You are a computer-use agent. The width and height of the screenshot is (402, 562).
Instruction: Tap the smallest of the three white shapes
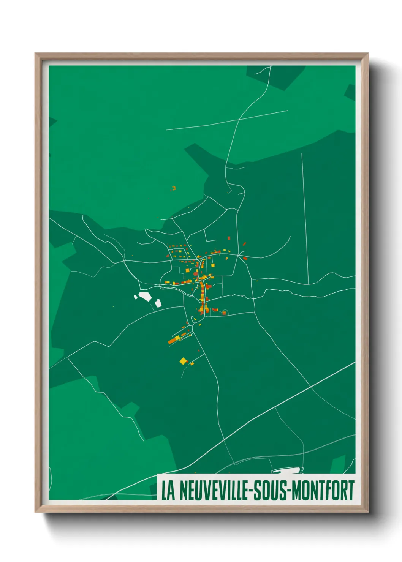click(x=135, y=297)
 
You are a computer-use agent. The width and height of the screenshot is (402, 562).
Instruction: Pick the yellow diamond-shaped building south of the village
click(x=183, y=361)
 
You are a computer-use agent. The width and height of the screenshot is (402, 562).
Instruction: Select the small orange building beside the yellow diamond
click(x=192, y=364)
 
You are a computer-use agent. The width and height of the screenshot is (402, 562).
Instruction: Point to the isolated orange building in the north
click(x=174, y=188)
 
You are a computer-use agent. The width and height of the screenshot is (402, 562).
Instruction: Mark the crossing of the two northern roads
click(x=239, y=119)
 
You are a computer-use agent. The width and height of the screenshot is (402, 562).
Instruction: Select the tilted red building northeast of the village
click(x=244, y=244)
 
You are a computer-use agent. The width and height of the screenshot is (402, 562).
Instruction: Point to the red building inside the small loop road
click(x=224, y=313)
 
